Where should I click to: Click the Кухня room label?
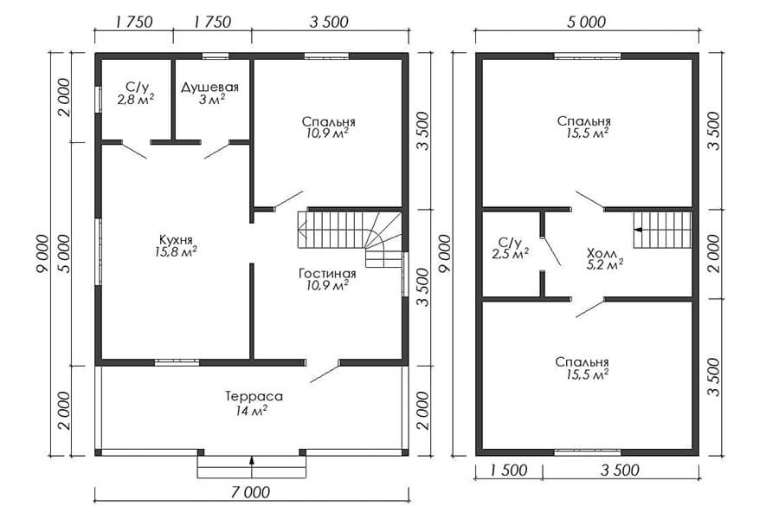coord(176,239)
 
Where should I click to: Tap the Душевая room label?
coord(209,87)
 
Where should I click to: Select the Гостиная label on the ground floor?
coord(327,273)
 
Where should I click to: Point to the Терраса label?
coord(254,397)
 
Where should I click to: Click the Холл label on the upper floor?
coord(602,254)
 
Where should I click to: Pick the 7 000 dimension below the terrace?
coord(251,492)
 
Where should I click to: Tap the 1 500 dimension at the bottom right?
coord(508,471)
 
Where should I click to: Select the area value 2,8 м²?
coord(136,99)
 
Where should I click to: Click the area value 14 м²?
coord(253,411)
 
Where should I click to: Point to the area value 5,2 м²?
coord(605,265)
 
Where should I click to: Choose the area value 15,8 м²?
coord(176,252)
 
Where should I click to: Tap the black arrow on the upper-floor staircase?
coord(637,230)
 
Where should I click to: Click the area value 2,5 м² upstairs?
coord(510,254)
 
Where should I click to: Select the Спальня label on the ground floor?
coord(328,122)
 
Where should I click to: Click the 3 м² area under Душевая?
coord(212,99)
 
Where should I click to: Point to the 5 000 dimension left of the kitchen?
coord(64,254)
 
